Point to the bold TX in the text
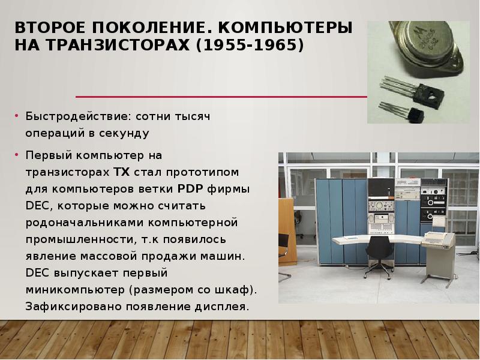pyautogui.click(x=121, y=172)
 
